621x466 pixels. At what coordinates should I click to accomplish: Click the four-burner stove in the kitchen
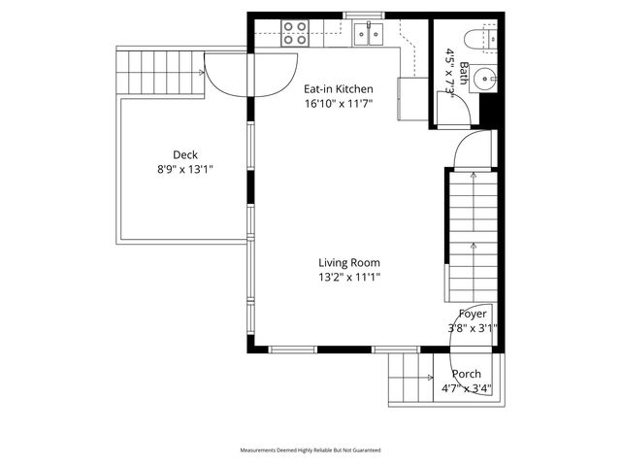click(x=295, y=34)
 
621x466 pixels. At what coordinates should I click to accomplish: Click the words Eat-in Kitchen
click(x=339, y=89)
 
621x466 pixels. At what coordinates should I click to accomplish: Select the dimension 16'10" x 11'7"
click(x=339, y=103)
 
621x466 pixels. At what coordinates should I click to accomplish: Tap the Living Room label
click(x=349, y=262)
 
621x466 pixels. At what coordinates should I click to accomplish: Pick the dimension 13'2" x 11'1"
click(x=349, y=277)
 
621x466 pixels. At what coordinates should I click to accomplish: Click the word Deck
click(x=185, y=154)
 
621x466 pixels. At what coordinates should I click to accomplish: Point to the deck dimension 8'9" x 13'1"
click(x=185, y=169)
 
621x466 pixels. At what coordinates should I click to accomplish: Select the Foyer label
click(x=473, y=314)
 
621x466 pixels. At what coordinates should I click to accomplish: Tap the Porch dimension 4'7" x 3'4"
click(x=466, y=388)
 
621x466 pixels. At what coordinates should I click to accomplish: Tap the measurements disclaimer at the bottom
click(x=310, y=450)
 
